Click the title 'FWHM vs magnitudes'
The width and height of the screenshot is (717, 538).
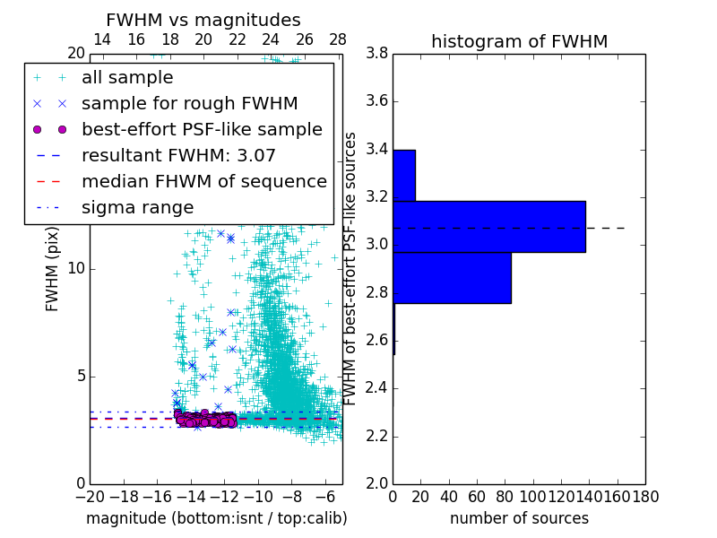[x=203, y=20]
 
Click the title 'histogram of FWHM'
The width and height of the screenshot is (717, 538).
[x=519, y=41]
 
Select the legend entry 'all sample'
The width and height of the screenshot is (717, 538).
[x=127, y=78]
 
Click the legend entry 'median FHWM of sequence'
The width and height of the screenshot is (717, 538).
[x=203, y=182]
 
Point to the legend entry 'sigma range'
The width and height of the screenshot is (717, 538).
[x=137, y=208]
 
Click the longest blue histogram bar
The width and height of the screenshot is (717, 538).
[x=488, y=226]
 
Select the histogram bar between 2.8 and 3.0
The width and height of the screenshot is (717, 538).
[x=452, y=278]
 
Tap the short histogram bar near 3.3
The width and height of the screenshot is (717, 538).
[x=403, y=175]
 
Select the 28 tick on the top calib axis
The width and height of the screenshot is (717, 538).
[x=338, y=39]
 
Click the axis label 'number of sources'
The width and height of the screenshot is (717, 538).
[x=519, y=518]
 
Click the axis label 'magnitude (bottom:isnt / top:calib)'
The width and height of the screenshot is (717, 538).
[x=216, y=518]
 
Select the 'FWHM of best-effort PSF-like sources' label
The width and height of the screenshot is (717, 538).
[x=351, y=268]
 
